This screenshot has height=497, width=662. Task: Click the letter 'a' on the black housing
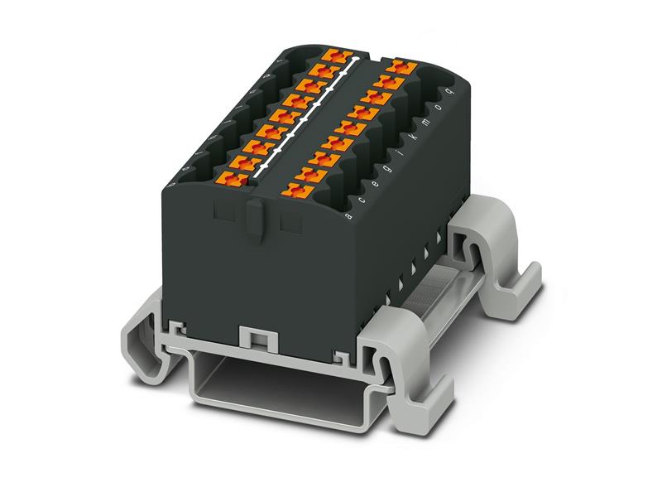tap(348, 217)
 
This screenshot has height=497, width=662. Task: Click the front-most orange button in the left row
tap(233, 177)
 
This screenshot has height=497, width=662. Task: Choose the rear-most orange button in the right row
tap(402, 65)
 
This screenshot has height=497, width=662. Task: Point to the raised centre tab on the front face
tap(255, 218)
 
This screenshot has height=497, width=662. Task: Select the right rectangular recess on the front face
tap(290, 222)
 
